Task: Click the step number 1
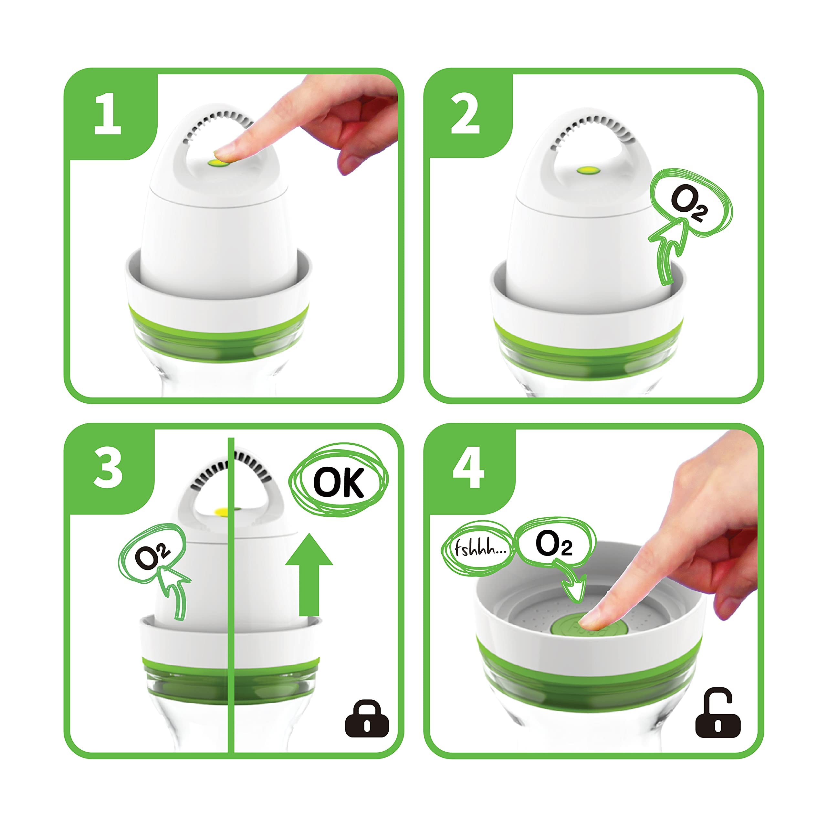108,114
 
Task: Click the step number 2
465,114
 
